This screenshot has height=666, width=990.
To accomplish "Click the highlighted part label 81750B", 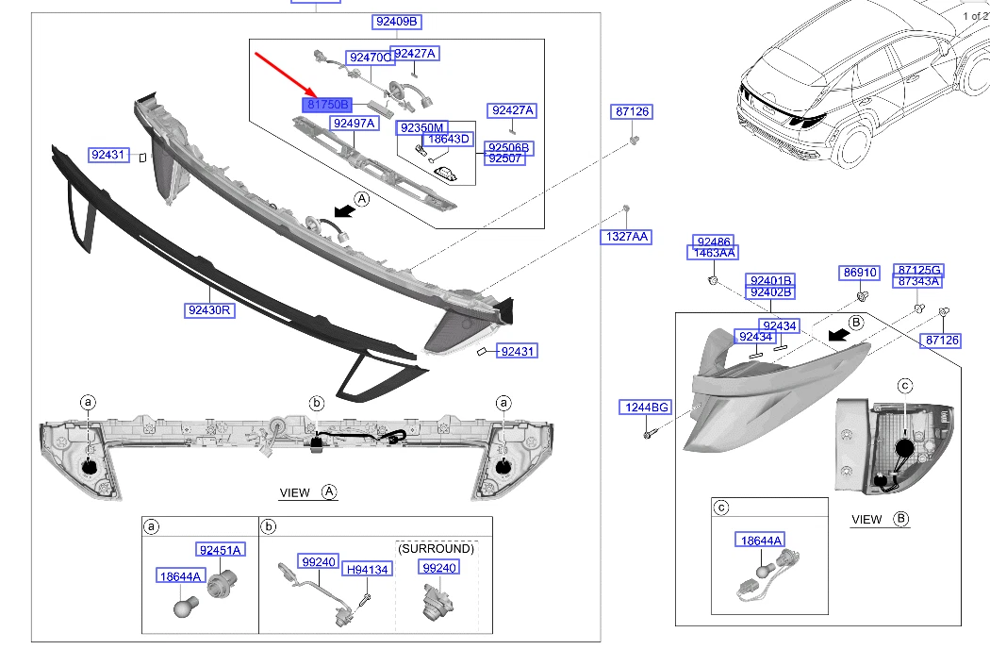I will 327,105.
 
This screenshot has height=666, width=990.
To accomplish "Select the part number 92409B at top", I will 396,22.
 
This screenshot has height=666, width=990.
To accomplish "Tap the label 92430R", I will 208,309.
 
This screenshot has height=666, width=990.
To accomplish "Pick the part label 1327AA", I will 625,236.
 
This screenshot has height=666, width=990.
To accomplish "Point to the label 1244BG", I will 645,408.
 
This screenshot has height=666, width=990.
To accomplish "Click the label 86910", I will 860,273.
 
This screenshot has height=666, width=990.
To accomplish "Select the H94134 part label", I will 366,569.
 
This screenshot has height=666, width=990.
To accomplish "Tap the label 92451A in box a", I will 220,550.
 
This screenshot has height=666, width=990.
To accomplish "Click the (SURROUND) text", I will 436,548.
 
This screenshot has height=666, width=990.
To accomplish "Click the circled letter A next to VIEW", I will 329,492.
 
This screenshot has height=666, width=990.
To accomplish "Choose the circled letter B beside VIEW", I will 900,519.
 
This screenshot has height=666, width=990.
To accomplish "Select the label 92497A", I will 354,124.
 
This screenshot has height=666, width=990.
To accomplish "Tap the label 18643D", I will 448,139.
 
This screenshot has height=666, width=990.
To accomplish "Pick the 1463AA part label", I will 715,253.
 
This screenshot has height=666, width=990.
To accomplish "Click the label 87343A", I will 918,281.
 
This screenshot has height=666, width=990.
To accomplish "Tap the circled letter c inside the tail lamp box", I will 904,385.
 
